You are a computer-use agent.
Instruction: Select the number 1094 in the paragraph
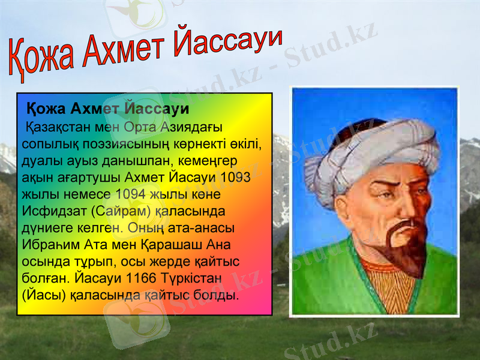click(x=130, y=194)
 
